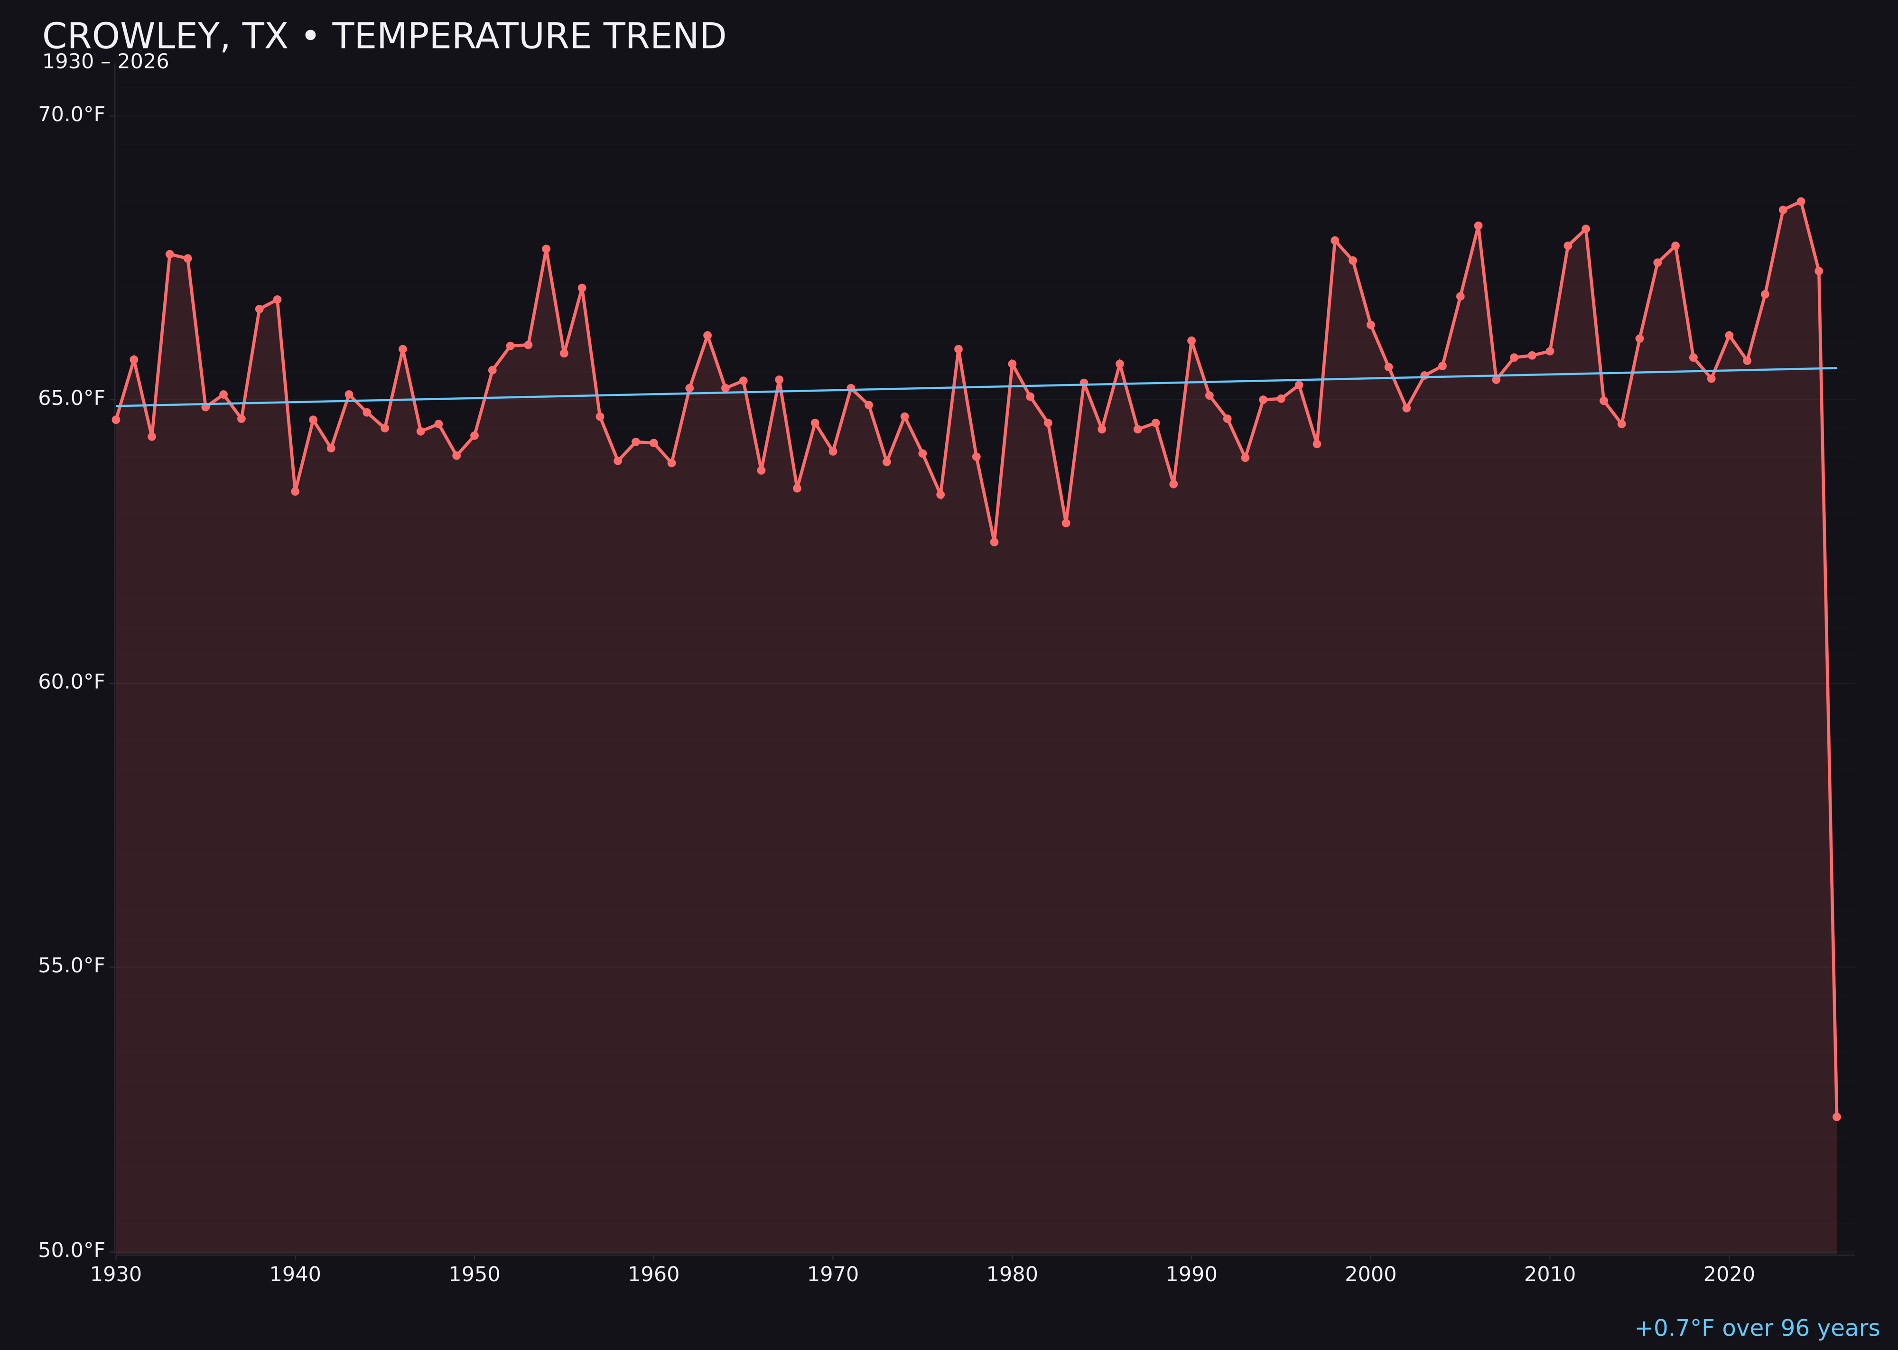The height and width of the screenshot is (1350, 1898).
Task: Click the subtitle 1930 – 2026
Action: pos(105,62)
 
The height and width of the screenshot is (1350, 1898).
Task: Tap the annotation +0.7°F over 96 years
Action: pos(1757,1328)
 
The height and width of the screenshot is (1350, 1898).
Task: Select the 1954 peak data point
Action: pos(546,249)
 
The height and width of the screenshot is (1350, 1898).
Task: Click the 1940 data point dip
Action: pos(295,491)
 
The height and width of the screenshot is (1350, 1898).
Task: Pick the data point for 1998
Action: pos(1335,240)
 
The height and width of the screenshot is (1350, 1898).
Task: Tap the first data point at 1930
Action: pos(116,420)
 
